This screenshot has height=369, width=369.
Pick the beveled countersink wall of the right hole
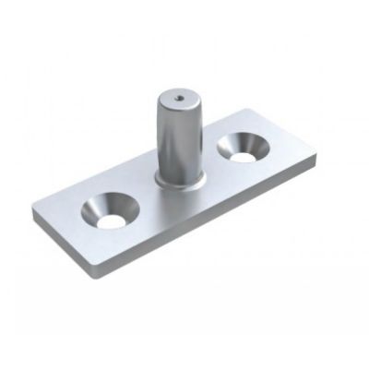[239, 142]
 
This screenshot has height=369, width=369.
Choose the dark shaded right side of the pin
[191, 138]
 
